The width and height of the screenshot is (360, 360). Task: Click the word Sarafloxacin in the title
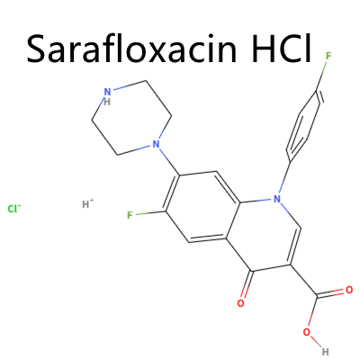(x=131, y=49)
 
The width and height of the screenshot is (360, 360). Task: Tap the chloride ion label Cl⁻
(x=14, y=209)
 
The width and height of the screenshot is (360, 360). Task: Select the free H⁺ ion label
(x=88, y=204)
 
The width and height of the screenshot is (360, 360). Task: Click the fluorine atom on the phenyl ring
(x=328, y=56)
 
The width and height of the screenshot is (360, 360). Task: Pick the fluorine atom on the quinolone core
(x=130, y=215)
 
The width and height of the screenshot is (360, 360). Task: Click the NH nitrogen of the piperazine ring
(x=107, y=95)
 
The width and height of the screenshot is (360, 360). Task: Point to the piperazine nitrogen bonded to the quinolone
(x=155, y=145)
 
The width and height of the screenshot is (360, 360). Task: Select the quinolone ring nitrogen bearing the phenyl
(x=277, y=199)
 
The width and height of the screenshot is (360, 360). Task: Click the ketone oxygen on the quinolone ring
(x=240, y=303)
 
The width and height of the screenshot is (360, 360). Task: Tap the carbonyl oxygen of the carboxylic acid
(x=349, y=290)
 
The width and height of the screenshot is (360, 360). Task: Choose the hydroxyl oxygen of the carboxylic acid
(x=306, y=332)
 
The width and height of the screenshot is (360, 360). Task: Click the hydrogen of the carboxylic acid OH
(x=326, y=351)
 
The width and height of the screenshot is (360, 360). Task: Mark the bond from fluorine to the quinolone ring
(x=150, y=213)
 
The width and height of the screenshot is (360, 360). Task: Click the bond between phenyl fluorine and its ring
(x=321, y=76)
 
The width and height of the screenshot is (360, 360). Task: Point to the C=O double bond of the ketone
(x=247, y=285)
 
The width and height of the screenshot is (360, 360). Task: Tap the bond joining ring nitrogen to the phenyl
(x=284, y=178)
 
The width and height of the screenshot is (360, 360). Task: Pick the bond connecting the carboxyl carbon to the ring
(x=303, y=282)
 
